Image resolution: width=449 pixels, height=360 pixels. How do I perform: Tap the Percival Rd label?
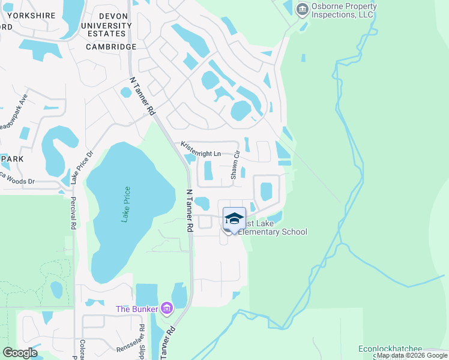tap(73, 213)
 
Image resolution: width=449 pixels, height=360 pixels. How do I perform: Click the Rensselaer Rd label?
tap(142, 339)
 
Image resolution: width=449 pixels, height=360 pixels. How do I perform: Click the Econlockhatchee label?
tap(390, 349)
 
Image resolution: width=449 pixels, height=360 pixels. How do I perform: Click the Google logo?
tap(20, 353)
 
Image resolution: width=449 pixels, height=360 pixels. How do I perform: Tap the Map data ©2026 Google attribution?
tap(412, 356)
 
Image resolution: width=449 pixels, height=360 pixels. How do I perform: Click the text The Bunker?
tap(137, 310)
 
